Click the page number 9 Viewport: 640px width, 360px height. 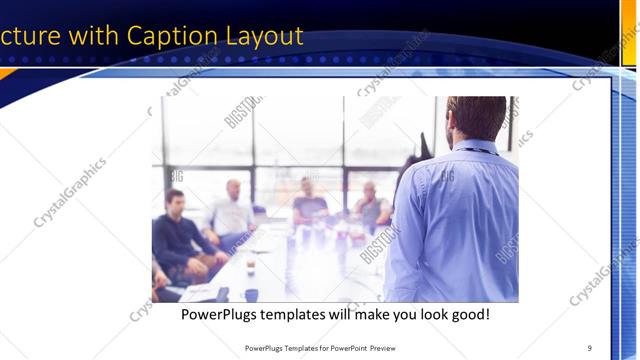[x=590, y=347]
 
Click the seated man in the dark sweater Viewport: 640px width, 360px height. [x=178, y=230]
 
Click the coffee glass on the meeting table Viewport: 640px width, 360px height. [x=250, y=264]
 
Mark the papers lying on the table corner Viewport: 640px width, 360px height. [x=200, y=292]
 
